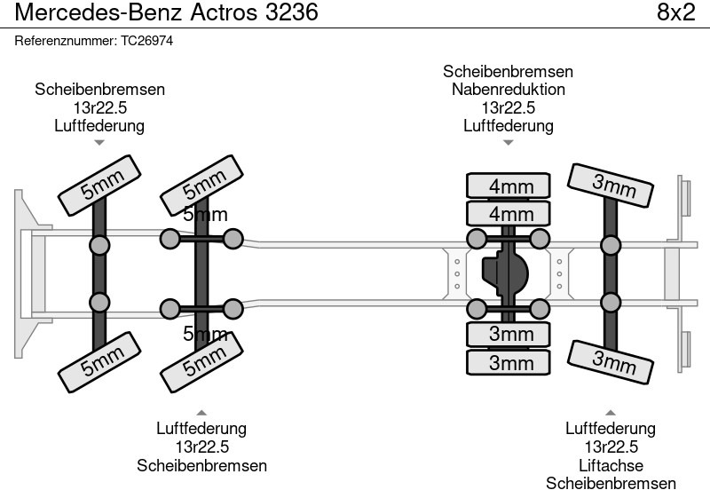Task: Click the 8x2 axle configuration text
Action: (x=674, y=12)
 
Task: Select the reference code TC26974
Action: (x=146, y=42)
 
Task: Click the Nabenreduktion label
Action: (x=508, y=90)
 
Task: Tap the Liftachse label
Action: (x=611, y=465)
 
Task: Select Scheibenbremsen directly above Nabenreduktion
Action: (x=508, y=72)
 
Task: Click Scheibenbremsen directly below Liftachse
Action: (x=611, y=483)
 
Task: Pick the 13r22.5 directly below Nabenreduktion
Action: (x=508, y=107)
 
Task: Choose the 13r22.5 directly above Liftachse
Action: (x=611, y=447)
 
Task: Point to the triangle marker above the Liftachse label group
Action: (x=611, y=412)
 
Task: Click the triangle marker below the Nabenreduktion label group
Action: (x=508, y=142)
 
